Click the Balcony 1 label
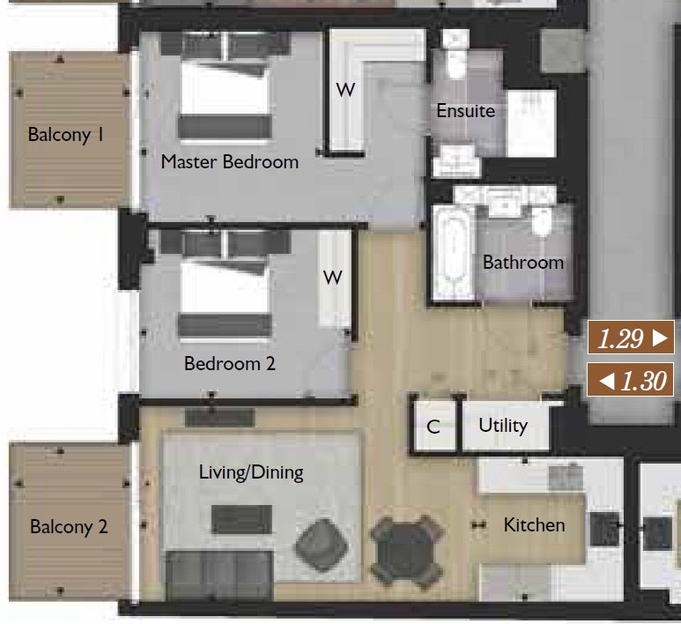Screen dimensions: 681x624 point(66,134)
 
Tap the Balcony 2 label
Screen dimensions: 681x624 point(69,527)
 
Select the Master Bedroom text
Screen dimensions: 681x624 point(230,162)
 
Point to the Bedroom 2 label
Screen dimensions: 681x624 point(230,363)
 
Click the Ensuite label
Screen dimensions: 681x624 point(465,111)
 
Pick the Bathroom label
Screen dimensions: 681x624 point(523,263)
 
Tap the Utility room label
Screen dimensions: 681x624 point(503,426)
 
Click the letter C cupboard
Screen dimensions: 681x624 point(433,427)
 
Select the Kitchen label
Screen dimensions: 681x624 point(534,525)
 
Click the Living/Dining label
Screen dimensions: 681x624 point(251,472)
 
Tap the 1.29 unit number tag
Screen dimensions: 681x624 point(631,338)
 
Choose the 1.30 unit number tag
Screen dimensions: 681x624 point(631,380)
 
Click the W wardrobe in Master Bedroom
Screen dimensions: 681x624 point(345,90)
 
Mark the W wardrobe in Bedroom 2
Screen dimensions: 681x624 point(333,278)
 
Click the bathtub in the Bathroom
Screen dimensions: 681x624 point(454,253)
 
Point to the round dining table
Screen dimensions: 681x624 point(406,551)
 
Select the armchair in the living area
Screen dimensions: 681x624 point(322,545)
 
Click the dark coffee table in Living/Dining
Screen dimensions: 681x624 point(242,519)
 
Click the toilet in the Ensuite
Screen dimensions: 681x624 point(455,56)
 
